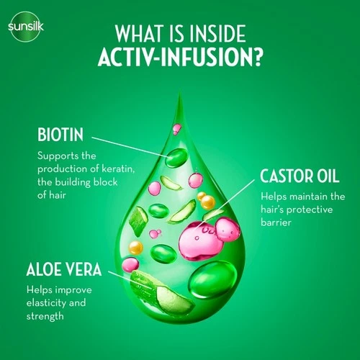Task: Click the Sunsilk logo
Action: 26,27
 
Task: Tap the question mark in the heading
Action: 256,57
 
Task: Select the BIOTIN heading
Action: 60,135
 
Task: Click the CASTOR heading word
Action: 286,176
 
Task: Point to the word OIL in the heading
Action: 328,176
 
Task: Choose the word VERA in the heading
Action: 84,269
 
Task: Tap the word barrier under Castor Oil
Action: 276,222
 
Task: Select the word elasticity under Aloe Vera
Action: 46,302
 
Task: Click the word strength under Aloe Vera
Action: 45,316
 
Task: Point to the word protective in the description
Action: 310,210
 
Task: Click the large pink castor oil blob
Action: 209,239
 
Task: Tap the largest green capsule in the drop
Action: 213,280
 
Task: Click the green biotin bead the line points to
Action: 176,158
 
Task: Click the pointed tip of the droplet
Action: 180,92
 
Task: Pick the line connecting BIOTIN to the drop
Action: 130,147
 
